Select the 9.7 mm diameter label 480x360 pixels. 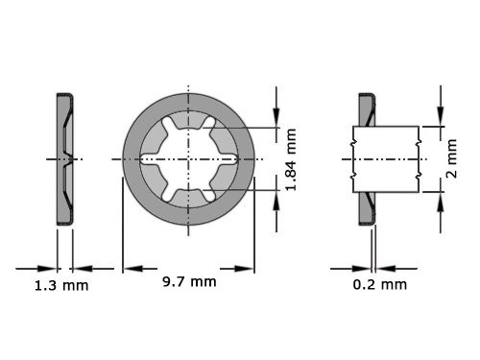[189, 281]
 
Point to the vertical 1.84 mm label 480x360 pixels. [291, 158]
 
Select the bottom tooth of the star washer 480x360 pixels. [189, 189]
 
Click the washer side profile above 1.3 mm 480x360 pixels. [63, 158]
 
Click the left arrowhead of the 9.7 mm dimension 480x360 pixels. [130, 269]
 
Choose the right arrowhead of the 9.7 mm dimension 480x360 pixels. [248, 269]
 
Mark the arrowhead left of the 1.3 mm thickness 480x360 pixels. [51, 269]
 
